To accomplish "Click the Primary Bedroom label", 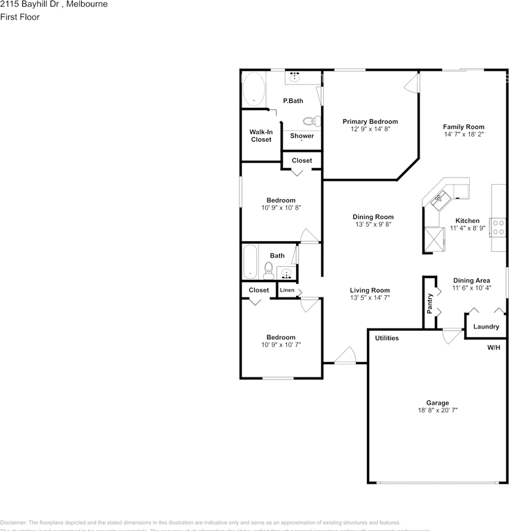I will click(x=370, y=122).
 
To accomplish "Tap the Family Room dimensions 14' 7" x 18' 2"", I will click(x=464, y=134).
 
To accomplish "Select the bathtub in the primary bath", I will click(x=254, y=90).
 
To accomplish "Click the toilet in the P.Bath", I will click(x=312, y=121).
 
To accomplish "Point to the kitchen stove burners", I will click(x=498, y=227).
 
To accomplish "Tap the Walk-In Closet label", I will click(x=261, y=136).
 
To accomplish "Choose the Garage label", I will click(x=437, y=403).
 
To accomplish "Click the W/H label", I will click(x=493, y=348).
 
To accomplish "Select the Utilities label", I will click(x=387, y=338).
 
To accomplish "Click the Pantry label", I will click(x=430, y=304).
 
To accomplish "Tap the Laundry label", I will click(x=486, y=327).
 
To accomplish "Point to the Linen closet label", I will click(x=287, y=290).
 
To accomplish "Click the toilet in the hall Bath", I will click(x=269, y=270).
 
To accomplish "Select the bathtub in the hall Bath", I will click(x=251, y=262).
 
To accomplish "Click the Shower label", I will click(x=302, y=136).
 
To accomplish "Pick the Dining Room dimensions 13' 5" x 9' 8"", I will click(x=373, y=225).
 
